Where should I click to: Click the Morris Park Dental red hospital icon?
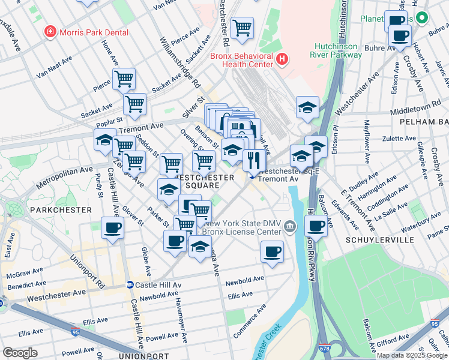click(50, 31)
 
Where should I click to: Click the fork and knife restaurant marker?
click(254, 160)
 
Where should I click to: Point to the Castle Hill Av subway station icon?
click(130, 284)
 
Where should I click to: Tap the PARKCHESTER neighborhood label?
click(61, 210)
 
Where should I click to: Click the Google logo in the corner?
click(20, 353)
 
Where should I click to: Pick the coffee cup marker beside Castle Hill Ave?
click(112, 229)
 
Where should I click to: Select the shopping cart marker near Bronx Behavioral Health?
click(242, 28)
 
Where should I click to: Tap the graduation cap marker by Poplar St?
click(105, 140)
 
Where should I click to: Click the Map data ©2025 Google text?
click(411, 355)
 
